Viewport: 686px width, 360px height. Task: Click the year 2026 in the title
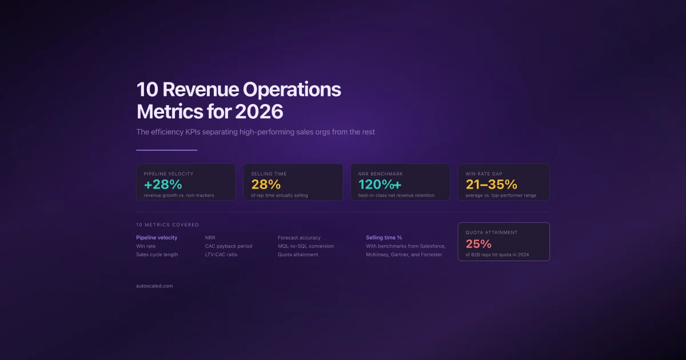click(259, 111)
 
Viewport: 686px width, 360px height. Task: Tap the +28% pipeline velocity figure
click(163, 185)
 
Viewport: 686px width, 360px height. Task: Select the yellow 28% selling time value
click(266, 185)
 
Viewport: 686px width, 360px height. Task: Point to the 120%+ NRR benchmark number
click(380, 185)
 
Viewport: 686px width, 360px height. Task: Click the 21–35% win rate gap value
click(492, 185)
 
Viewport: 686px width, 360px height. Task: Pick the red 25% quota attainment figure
click(478, 244)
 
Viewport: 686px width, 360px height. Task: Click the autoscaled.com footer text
click(154, 286)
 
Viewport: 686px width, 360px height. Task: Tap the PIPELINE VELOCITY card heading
click(169, 174)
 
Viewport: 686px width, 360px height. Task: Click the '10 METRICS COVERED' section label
click(167, 225)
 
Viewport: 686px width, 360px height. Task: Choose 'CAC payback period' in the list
click(228, 246)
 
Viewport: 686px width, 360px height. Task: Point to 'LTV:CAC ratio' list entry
click(221, 255)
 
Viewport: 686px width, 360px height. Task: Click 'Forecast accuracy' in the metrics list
click(299, 238)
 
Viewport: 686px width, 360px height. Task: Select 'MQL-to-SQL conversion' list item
click(306, 246)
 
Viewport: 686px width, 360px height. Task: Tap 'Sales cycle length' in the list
click(157, 255)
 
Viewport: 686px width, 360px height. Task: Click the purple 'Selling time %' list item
click(384, 238)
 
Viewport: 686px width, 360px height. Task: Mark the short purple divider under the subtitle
click(166, 150)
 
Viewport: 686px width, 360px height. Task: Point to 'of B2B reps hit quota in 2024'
click(501, 255)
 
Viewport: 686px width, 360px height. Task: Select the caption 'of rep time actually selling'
click(280, 195)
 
